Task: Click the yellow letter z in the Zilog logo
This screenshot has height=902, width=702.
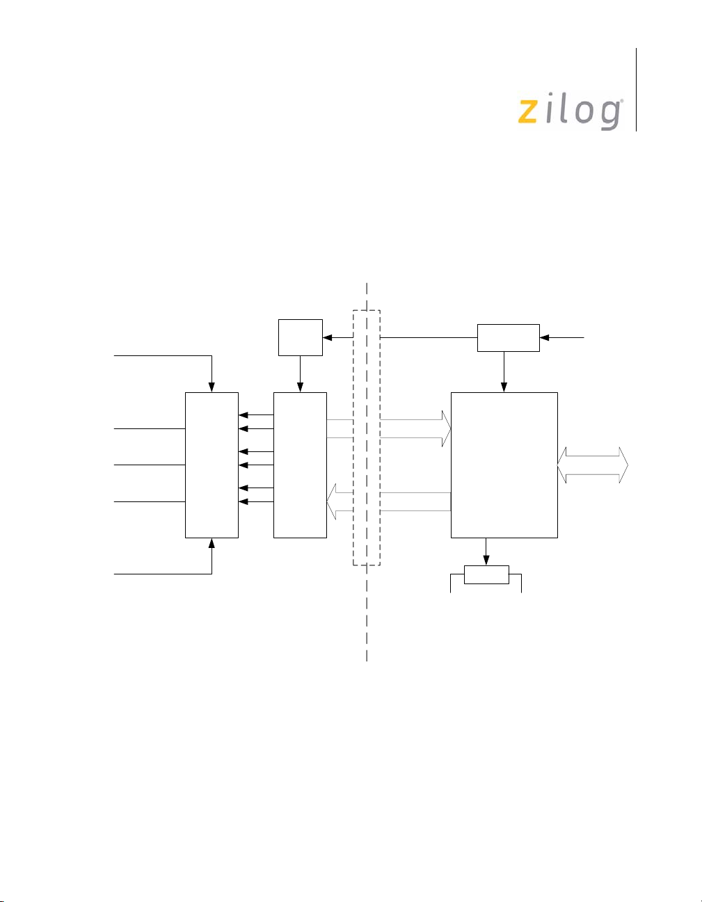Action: (x=528, y=112)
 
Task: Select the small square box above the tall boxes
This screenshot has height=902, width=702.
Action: (x=300, y=337)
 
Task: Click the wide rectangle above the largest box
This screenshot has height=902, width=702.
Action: (x=508, y=338)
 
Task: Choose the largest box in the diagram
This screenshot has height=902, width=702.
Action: (x=504, y=465)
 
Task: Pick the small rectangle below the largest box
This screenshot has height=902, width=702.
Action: (x=486, y=574)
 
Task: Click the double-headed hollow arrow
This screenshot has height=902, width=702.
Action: (x=593, y=465)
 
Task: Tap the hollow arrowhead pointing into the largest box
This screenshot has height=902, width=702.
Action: (x=446, y=429)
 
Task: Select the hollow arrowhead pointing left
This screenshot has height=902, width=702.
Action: (x=331, y=501)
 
